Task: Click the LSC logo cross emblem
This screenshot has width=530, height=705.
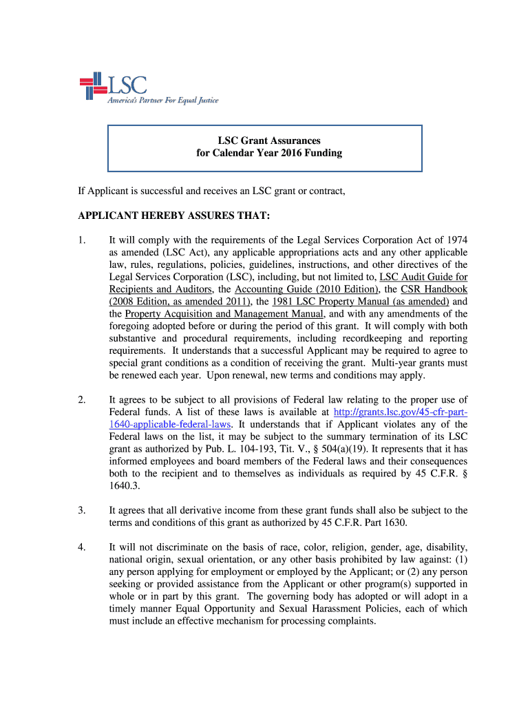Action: click(92, 86)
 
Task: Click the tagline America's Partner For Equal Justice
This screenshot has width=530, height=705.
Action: click(162, 101)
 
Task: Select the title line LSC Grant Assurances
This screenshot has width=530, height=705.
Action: click(265, 140)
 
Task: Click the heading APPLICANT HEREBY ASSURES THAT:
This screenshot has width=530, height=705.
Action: click(174, 216)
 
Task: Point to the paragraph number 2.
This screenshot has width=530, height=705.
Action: click(81, 400)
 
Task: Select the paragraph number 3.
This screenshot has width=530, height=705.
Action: click(81, 510)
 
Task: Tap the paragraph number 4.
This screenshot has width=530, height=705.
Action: click(81, 547)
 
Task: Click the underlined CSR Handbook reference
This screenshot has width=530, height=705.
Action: click(434, 289)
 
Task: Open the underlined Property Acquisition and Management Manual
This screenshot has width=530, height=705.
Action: click(220, 314)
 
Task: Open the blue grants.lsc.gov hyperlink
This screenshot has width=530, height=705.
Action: click(400, 412)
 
